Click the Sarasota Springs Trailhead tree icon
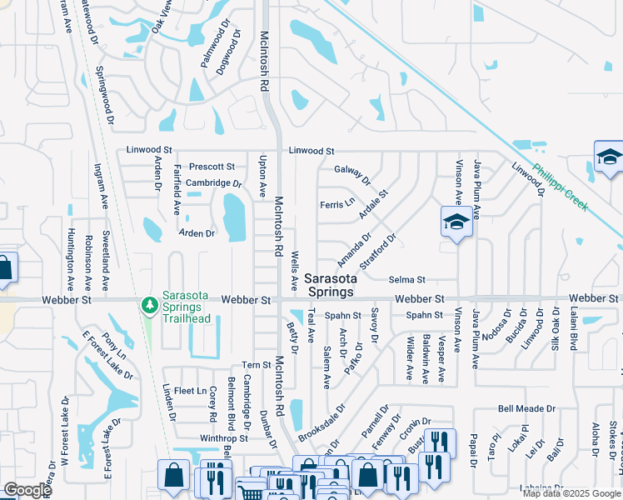[x=150, y=306]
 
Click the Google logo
[x=27, y=490]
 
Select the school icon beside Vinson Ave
[x=456, y=222]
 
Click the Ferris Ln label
[x=337, y=204]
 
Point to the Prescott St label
[x=212, y=167]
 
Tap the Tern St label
[x=256, y=365]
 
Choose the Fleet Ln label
[x=190, y=391]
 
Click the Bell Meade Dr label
[x=526, y=408]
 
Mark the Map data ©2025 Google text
[x=571, y=493]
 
